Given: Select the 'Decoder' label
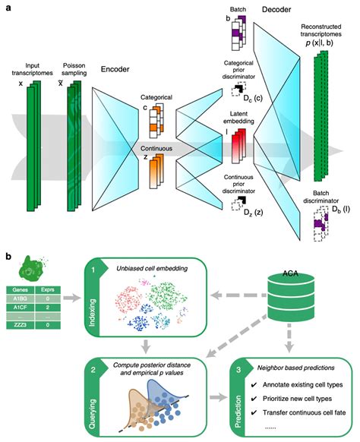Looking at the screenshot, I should coord(278,10).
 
